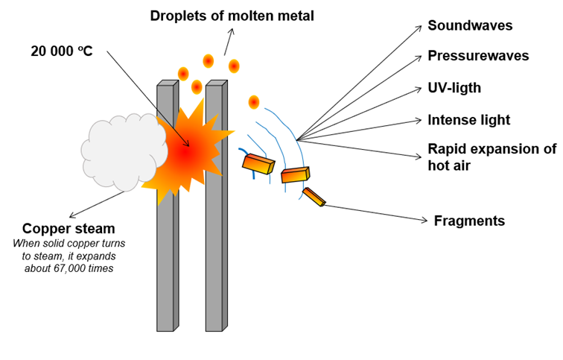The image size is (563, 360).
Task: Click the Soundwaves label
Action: pyautogui.click(x=470, y=25)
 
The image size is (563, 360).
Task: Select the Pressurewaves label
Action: pyautogui.click(x=478, y=56)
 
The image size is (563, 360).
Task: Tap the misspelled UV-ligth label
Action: pyautogui.click(x=454, y=88)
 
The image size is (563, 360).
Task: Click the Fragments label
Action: pyautogui.click(x=469, y=221)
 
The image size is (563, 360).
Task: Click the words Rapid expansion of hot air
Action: pyautogui.click(x=492, y=157)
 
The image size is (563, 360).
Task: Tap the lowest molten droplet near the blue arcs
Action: pyautogui.click(x=253, y=102)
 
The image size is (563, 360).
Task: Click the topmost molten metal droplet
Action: pyautogui.click(x=209, y=61)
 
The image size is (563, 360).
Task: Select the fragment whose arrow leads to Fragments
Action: pyautogui.click(x=314, y=197)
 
